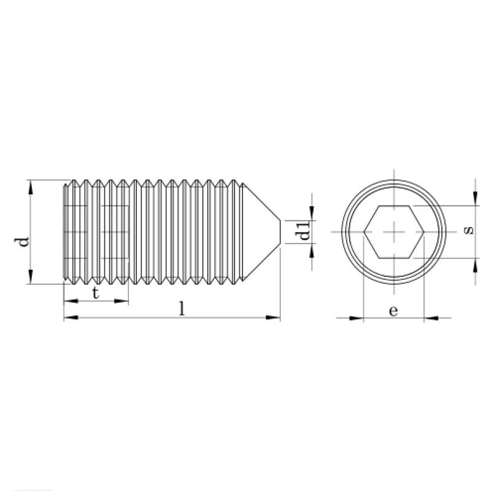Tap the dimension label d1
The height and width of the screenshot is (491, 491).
tap(304, 231)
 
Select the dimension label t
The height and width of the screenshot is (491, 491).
tap(96, 293)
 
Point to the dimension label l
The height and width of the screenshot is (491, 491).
tap(182, 309)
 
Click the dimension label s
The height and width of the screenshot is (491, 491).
tap(468, 231)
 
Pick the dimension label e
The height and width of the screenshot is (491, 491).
tap(393, 311)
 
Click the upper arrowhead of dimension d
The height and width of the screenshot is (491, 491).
tap(30, 187)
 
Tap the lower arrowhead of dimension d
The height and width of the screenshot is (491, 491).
tap(30, 277)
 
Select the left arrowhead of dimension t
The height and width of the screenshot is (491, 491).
tap(71, 301)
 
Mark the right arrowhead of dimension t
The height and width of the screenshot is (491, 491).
tap(122, 301)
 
